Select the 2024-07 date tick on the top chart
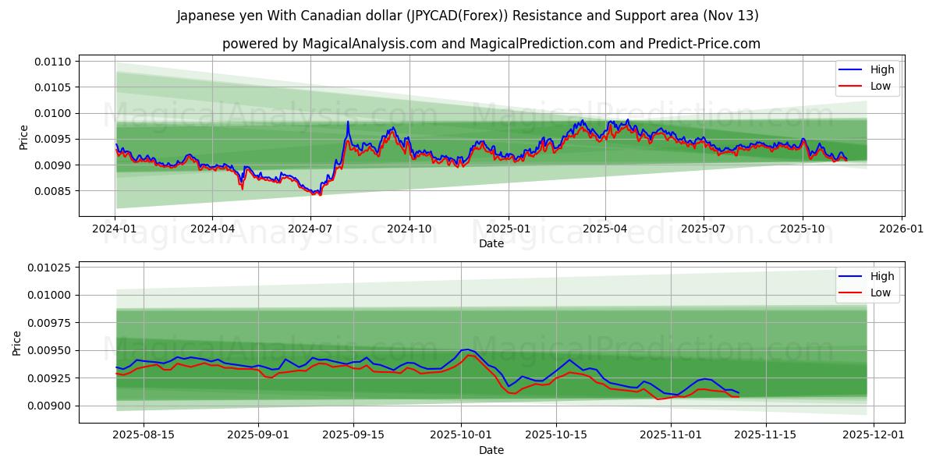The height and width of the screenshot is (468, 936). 310,229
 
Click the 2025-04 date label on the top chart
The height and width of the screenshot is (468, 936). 605,229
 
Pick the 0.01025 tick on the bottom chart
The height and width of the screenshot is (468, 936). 51,268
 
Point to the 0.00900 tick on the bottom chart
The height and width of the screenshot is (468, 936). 51,406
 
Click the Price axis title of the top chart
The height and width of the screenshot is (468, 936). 23,137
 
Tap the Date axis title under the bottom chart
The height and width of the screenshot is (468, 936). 491,450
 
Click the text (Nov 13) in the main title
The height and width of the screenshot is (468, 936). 731,16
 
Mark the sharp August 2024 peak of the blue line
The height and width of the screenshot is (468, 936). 348,122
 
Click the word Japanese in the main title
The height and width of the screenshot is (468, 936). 204,16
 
